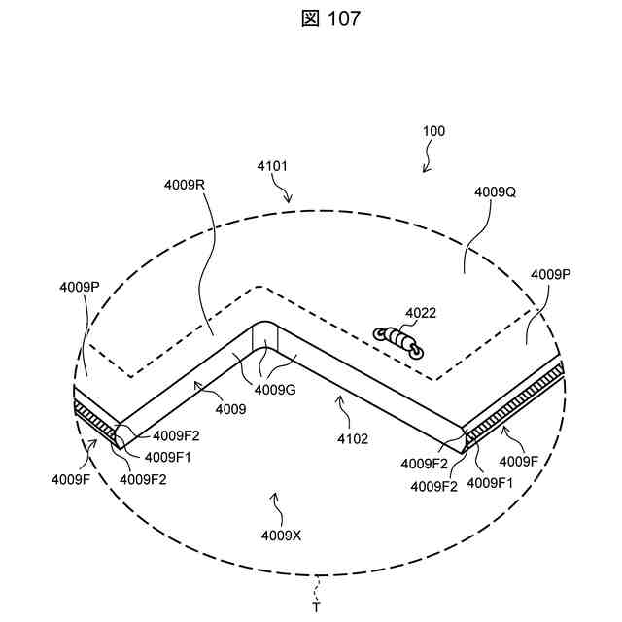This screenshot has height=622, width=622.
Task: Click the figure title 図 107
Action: (311, 18)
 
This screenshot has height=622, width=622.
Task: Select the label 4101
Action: (272, 166)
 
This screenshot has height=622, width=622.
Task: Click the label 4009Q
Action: (495, 192)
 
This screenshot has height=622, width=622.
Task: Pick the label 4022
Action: (421, 313)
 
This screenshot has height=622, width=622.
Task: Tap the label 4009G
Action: (275, 389)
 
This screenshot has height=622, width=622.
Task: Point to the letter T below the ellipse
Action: (315, 607)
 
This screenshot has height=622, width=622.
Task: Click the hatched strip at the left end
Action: (94, 418)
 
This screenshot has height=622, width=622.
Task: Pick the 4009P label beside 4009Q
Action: (551, 274)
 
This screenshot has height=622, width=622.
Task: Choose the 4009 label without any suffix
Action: (231, 410)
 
